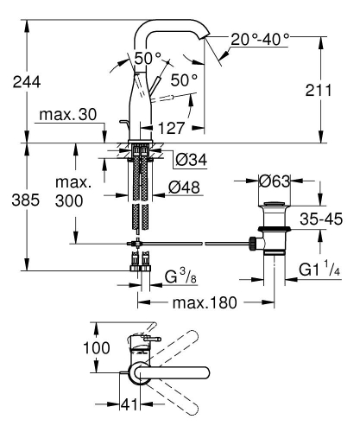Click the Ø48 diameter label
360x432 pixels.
point(187,187)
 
